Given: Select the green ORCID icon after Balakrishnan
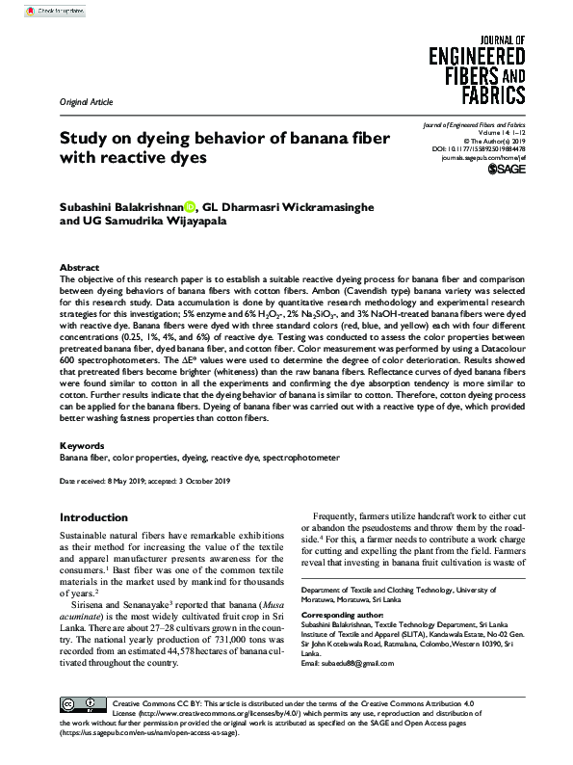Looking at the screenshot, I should tap(190, 205).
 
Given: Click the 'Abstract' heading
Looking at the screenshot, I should tap(79, 267).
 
